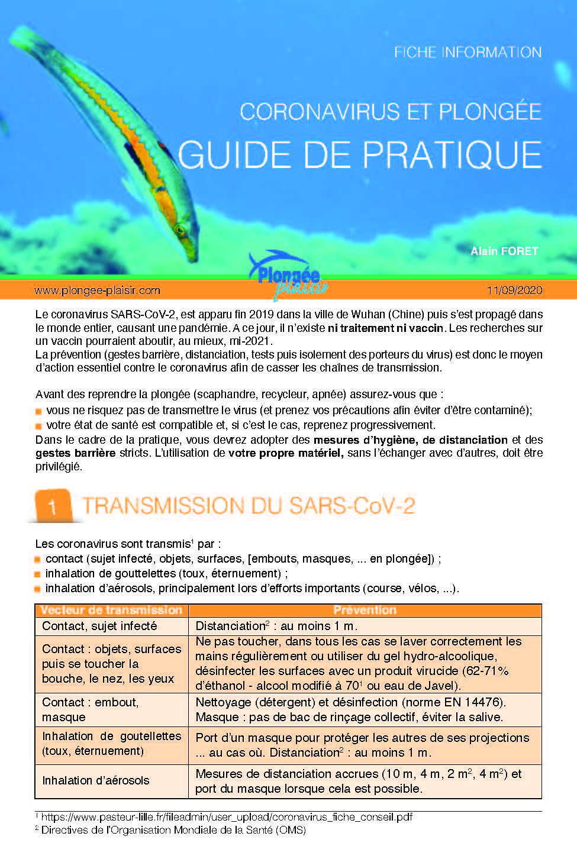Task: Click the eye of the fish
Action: pos(180,229)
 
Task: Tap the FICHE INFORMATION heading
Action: pos(468,52)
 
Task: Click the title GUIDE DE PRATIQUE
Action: pos(360,155)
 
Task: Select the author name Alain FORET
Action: pos(504,251)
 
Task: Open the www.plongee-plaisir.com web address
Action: pos(97,290)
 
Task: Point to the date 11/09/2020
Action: pos(514,290)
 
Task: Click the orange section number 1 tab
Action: pos(52,506)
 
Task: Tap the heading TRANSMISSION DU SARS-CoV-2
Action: pos(249,506)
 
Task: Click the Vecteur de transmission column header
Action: pos(111,610)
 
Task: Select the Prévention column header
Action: pos(365,610)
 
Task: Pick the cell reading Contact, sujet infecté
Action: pos(99,626)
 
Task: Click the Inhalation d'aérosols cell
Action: pos(96,780)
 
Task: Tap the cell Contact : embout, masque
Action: pos(90,709)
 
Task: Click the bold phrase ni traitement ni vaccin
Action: pos(385,328)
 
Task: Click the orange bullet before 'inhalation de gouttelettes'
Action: pos(38,574)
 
